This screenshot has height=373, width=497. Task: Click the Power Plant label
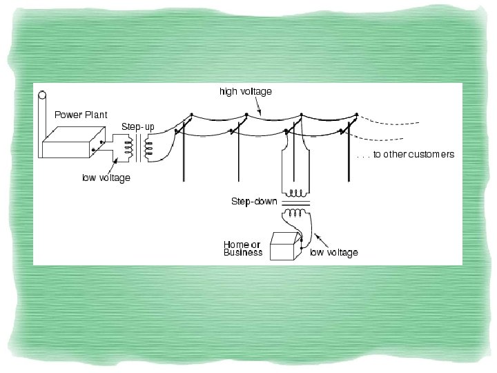tap(81, 115)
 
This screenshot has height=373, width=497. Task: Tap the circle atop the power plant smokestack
tap(42, 96)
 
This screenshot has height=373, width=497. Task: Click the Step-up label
tap(138, 127)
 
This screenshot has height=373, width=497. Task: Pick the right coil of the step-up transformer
tap(148, 148)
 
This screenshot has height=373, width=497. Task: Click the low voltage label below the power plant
tap(106, 178)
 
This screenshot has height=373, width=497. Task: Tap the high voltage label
tap(245, 91)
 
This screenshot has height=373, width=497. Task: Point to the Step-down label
tap(253, 202)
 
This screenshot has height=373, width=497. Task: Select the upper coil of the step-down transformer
tap(297, 193)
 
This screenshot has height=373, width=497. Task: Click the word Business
tap(242, 253)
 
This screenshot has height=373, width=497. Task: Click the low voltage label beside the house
tap(334, 253)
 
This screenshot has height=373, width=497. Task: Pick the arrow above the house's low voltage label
tap(319, 240)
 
